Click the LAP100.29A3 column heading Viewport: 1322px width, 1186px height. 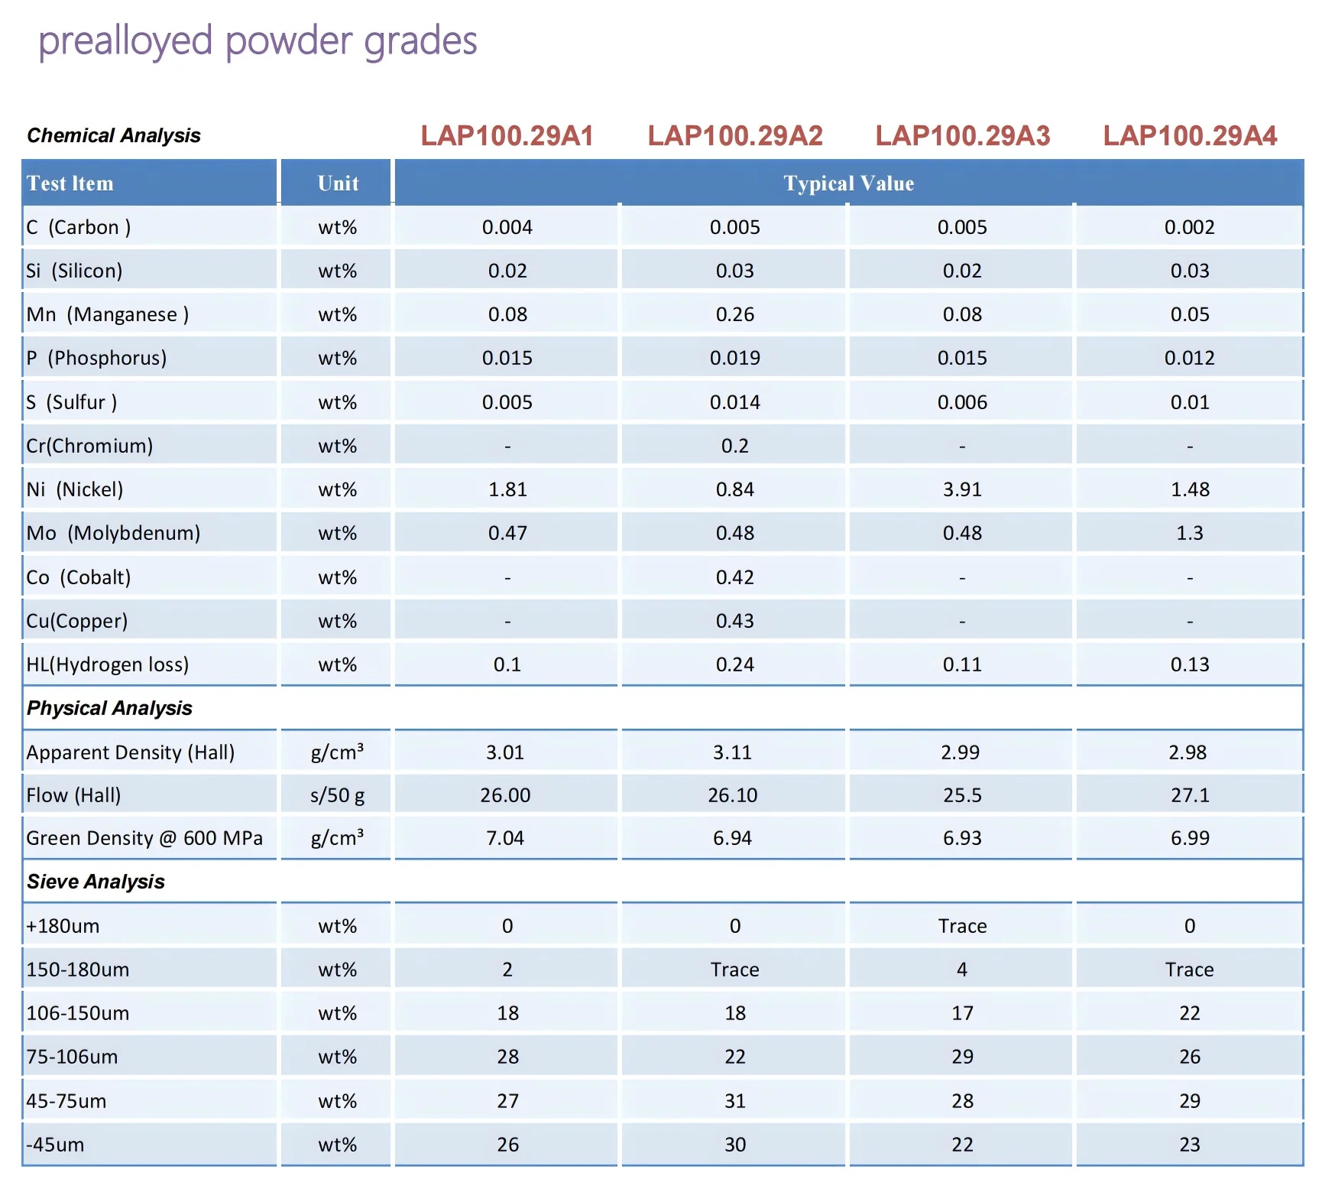tap(963, 135)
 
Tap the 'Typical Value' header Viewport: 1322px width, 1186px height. tap(849, 184)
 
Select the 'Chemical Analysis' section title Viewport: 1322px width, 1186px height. tap(114, 135)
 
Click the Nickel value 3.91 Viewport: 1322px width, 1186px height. tap(962, 489)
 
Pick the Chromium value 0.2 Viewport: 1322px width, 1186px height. tap(735, 446)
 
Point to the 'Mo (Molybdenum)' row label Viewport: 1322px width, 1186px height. tap(113, 533)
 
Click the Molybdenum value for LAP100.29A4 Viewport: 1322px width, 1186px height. tap(1190, 533)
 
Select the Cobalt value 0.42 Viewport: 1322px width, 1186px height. tap(735, 577)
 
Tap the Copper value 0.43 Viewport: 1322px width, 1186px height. tap(735, 621)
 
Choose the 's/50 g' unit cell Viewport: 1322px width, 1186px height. tap(337, 795)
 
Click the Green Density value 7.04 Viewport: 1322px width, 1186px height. tap(505, 838)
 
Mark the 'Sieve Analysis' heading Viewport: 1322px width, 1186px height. tap(96, 882)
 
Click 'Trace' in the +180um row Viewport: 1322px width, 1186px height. tap(963, 926)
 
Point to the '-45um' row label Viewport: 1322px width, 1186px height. tap(55, 1145)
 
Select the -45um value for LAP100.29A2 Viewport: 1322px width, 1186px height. tap(735, 1145)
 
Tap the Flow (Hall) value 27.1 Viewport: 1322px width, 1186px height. tap(1190, 795)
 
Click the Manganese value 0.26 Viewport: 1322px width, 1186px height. tap(735, 314)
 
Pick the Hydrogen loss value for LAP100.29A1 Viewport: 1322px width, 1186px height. tap(507, 664)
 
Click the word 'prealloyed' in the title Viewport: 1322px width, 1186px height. tap(125, 41)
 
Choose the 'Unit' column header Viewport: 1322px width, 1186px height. tap(338, 184)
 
